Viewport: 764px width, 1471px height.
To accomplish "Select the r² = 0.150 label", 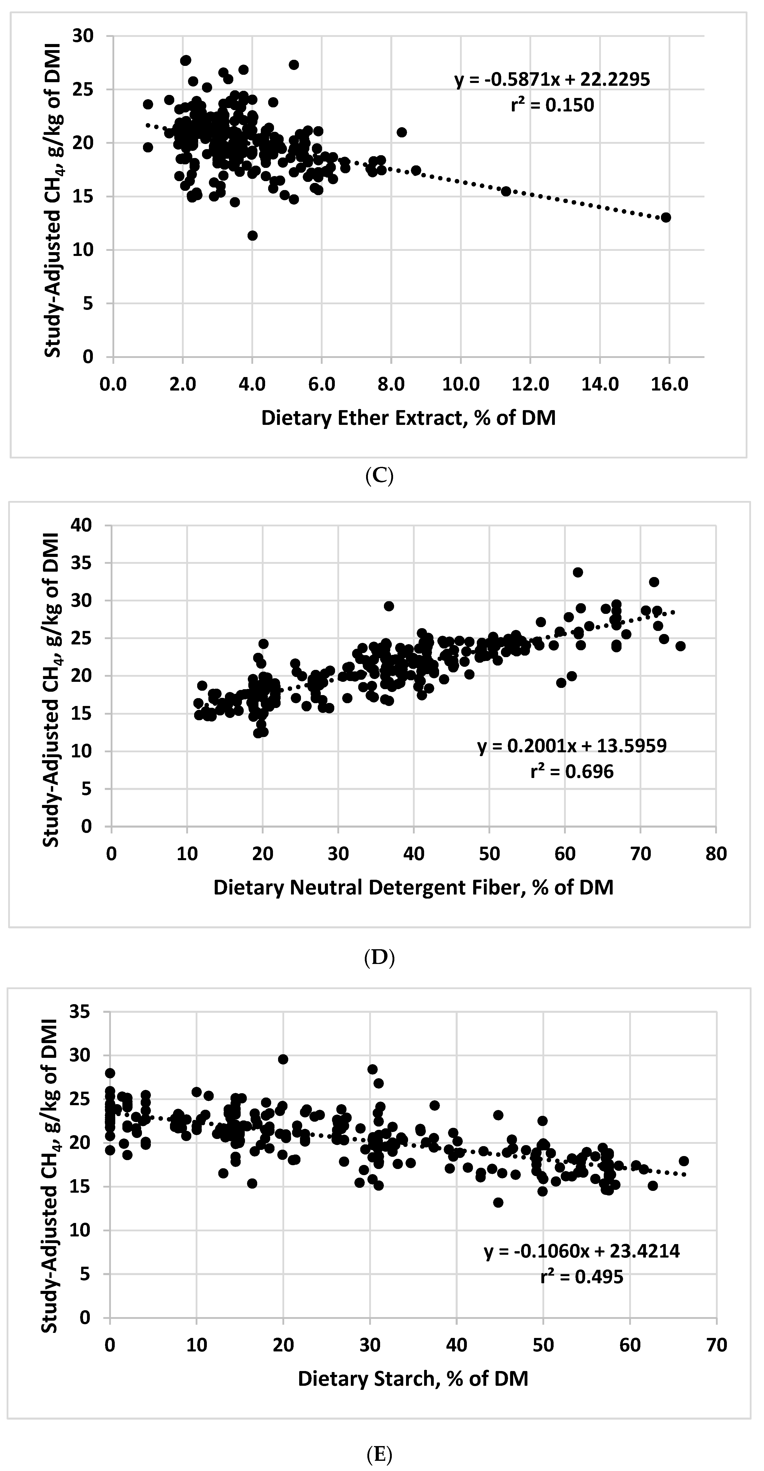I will coord(552,105).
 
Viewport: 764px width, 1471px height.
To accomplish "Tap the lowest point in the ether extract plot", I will coord(252,235).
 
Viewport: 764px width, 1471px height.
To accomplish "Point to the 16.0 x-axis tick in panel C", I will coord(670,384).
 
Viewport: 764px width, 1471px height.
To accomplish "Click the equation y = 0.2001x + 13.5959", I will coord(572,746).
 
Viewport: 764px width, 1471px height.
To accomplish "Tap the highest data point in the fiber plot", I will coord(578,572).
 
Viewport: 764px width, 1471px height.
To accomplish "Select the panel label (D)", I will coord(379,957).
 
